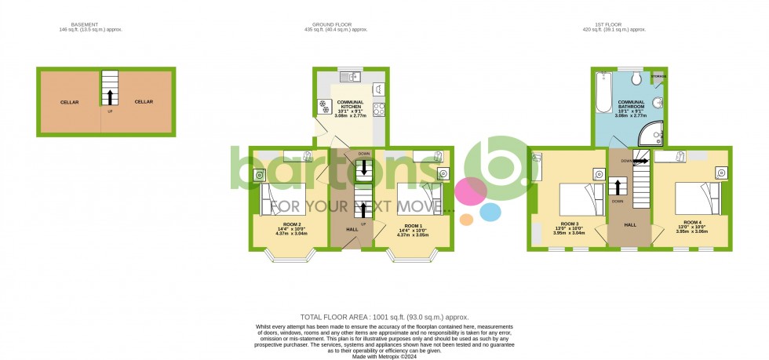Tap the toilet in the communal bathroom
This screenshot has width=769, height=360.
pyautogui.click(x=636, y=81)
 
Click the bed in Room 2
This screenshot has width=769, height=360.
pyautogui.click(x=283, y=198)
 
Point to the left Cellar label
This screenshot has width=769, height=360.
pyautogui.click(x=70, y=102)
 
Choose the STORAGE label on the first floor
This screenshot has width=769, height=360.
pyautogui.click(x=658, y=76)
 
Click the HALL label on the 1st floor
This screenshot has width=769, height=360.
pyautogui.click(x=630, y=224)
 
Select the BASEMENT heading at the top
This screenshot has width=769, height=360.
pyautogui.click(x=84, y=24)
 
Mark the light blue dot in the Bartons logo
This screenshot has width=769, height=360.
pyautogui.click(x=490, y=211)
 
